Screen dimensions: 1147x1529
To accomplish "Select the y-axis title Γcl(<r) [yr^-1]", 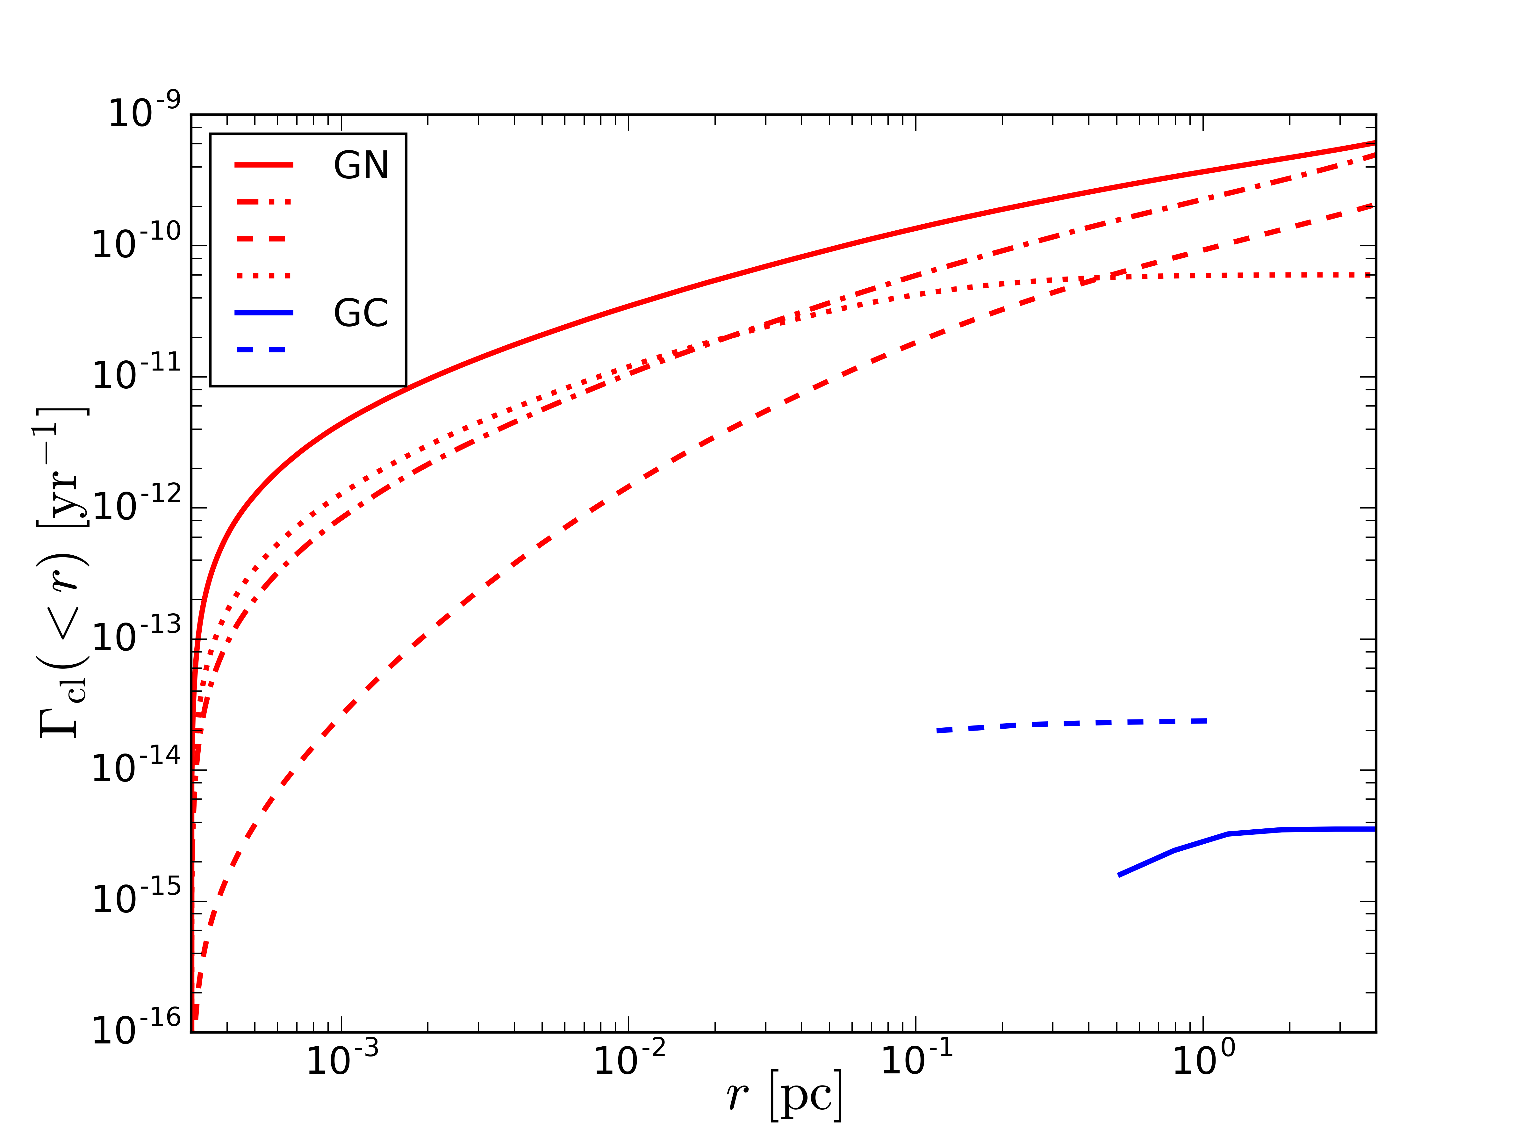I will [62, 573].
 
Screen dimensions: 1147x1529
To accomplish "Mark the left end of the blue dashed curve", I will [938, 731].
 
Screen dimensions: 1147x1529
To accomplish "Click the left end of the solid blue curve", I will [1119, 875].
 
